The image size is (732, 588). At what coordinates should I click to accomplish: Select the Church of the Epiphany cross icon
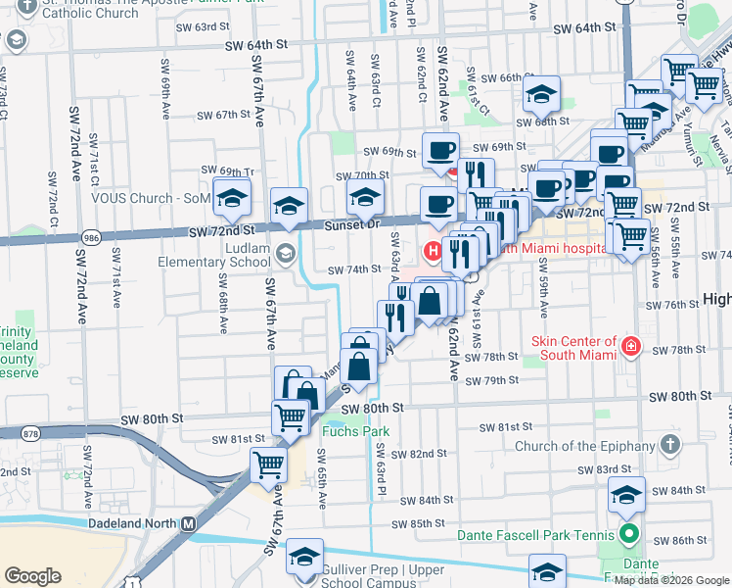[670, 446]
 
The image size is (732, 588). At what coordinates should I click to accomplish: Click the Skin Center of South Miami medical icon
[631, 346]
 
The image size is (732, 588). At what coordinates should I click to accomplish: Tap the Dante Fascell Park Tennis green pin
[628, 536]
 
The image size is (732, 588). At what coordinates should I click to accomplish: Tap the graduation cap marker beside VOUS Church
[232, 200]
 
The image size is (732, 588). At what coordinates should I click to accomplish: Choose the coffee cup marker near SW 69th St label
[440, 151]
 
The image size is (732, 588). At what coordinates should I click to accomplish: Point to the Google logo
[32, 576]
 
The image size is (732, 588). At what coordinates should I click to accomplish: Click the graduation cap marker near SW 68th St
[540, 95]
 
